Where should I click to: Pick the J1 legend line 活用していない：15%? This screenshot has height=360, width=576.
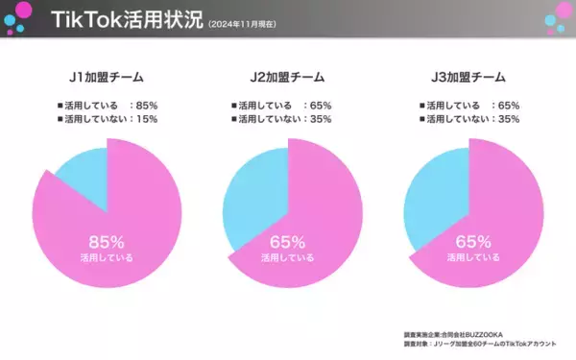pos(108,118)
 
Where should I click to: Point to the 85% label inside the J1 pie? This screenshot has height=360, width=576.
pos(107,241)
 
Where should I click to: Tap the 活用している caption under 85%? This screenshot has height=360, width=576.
pos(107,257)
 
